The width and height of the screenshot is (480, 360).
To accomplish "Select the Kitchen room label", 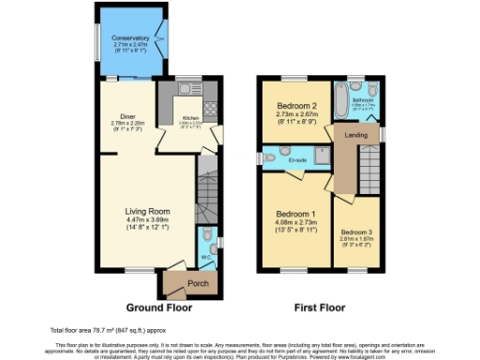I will (x=190, y=118).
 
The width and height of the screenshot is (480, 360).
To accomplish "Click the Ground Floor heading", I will (x=159, y=307).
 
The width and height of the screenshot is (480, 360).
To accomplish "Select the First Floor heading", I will (x=322, y=307).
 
